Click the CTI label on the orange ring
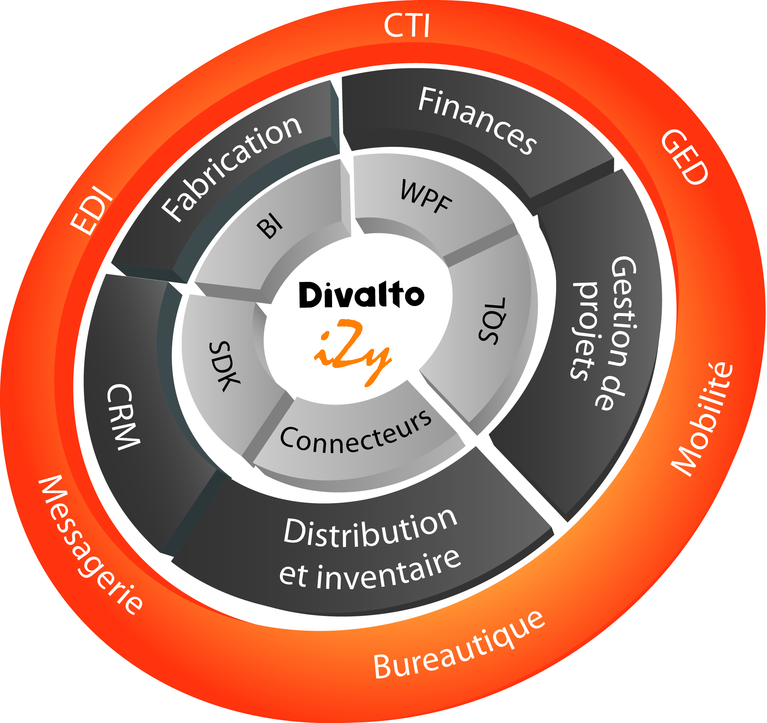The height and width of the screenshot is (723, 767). pyautogui.click(x=407, y=26)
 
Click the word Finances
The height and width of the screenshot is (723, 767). pyautogui.click(x=477, y=120)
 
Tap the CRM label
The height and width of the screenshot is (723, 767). pyautogui.click(x=123, y=417)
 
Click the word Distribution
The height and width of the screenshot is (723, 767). pyautogui.click(x=370, y=529)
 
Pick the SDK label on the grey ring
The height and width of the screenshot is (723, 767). pyautogui.click(x=224, y=366)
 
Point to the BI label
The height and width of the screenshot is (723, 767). pyautogui.click(x=270, y=227)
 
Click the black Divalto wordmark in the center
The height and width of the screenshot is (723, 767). pyautogui.click(x=361, y=295)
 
